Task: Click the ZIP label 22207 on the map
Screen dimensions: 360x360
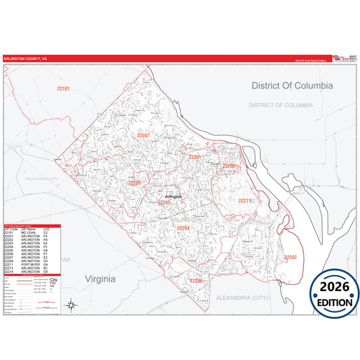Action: pyautogui.click(x=143, y=136)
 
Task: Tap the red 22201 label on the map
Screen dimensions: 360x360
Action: pyautogui.click(x=195, y=157)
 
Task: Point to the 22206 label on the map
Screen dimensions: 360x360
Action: pyautogui.click(x=196, y=280)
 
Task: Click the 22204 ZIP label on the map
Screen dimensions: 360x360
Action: pyautogui.click(x=183, y=228)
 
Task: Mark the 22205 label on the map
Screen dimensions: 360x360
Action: pyautogui.click(x=134, y=182)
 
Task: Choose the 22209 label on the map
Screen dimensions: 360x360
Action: pyautogui.click(x=229, y=165)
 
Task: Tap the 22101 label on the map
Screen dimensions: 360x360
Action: pyautogui.click(x=63, y=88)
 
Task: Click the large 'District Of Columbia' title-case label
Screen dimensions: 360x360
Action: pyautogui.click(x=292, y=86)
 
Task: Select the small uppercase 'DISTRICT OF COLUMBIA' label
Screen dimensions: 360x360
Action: pyautogui.click(x=280, y=105)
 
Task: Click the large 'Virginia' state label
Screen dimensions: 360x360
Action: pyautogui.click(x=100, y=278)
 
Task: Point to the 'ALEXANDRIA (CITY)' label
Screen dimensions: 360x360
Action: pyautogui.click(x=261, y=297)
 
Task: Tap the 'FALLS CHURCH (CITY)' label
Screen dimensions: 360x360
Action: pyautogui.click(x=43, y=178)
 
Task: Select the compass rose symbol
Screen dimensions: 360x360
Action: pyautogui.click(x=71, y=305)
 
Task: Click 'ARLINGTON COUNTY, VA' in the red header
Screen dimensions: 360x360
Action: pyautogui.click(x=25, y=59)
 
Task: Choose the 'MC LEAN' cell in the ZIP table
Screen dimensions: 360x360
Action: pyautogui.click(x=29, y=233)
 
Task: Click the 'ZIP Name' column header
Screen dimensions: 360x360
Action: pyautogui.click(x=28, y=230)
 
